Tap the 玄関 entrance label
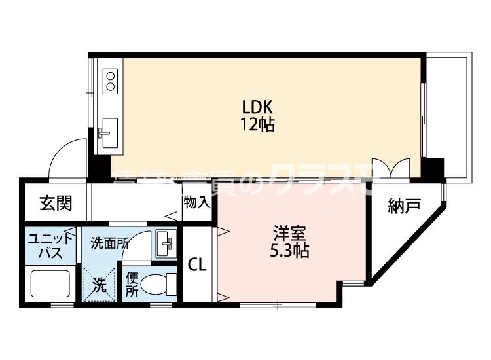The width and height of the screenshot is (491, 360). pos(55,203)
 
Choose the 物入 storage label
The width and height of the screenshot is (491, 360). pos(196,203)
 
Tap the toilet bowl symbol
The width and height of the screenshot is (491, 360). pos(157,285)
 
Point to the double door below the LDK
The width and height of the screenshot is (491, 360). pos(391,167)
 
